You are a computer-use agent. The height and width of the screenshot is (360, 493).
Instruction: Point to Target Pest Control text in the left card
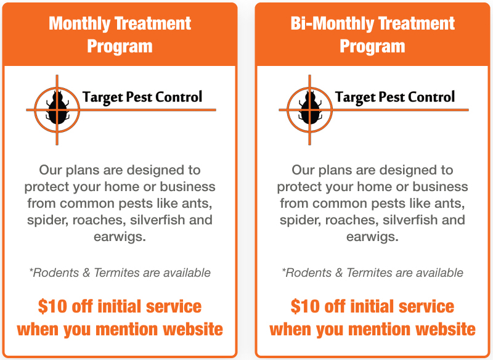point(142,97)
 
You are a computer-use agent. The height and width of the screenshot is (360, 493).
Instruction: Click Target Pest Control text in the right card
point(395,97)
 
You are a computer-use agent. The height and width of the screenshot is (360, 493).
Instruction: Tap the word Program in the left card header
point(120,46)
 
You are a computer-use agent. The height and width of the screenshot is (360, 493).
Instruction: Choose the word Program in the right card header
point(372,46)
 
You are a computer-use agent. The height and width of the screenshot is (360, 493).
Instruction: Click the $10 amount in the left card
point(52,306)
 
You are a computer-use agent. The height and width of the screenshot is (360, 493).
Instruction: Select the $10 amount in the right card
point(305,306)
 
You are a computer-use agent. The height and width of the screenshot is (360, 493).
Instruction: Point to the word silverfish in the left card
point(160,219)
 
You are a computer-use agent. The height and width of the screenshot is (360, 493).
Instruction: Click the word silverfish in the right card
point(412,219)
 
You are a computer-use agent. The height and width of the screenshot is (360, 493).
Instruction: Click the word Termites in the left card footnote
point(115,272)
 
